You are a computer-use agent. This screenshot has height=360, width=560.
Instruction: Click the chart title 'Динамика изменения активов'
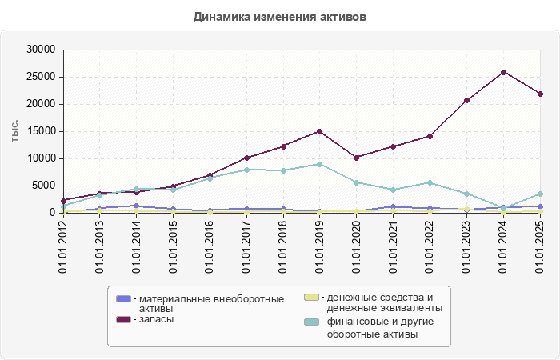point(280,17)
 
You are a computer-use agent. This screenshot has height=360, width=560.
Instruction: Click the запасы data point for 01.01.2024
point(503,72)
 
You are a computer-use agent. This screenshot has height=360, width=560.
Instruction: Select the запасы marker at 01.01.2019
point(319,131)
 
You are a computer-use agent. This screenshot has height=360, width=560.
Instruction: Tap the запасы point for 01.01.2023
point(466,100)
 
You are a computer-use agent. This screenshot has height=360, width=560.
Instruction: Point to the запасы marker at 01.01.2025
point(540,94)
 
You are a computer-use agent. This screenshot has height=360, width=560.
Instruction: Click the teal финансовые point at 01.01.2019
point(319,164)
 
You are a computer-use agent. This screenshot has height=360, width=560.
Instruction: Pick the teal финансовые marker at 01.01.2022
point(430,182)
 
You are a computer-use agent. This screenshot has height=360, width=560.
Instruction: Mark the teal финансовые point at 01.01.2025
point(540,194)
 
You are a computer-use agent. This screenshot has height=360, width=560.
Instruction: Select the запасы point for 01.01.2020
point(356,158)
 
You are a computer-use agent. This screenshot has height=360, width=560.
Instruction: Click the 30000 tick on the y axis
point(39,50)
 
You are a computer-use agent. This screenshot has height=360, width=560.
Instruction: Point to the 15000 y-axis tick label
point(39,131)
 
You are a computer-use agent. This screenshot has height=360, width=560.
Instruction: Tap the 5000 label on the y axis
point(42,186)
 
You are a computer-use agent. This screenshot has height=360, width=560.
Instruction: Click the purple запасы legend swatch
point(123,319)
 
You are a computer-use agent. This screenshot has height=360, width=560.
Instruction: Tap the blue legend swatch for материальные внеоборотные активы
point(123,298)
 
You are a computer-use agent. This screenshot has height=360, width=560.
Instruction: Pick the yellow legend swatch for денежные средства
point(311,298)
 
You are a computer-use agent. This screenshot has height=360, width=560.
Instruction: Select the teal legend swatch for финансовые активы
point(311,322)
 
